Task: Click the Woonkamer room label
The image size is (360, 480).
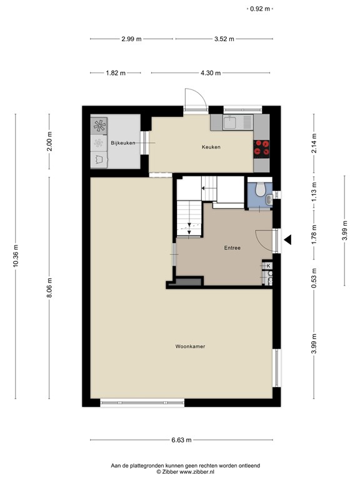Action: (x=191, y=346)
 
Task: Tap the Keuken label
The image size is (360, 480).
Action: (x=211, y=147)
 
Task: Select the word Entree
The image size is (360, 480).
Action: (x=232, y=247)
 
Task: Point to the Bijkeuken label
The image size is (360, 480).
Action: (x=123, y=144)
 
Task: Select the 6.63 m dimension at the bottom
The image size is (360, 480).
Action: (x=181, y=441)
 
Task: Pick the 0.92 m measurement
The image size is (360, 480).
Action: (x=259, y=9)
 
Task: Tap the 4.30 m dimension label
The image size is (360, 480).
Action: (x=211, y=73)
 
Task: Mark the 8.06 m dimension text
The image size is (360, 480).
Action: (x=49, y=287)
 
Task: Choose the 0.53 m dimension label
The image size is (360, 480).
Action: (x=314, y=275)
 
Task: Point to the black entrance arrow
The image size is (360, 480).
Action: (x=288, y=239)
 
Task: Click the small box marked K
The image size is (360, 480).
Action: (x=268, y=266)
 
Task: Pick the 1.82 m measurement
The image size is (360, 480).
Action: (x=116, y=73)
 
